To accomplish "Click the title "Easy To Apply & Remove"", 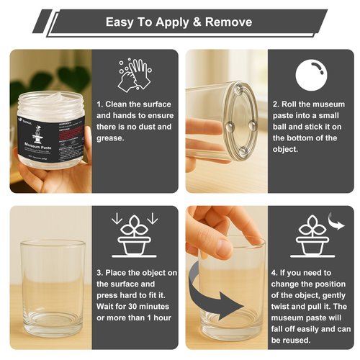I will [x=179, y=22].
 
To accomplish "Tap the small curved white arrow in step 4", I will [x=336, y=219].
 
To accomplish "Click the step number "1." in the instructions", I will [x=100, y=104].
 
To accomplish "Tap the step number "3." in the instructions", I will [x=100, y=273].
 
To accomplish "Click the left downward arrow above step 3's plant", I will [x=116, y=218].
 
